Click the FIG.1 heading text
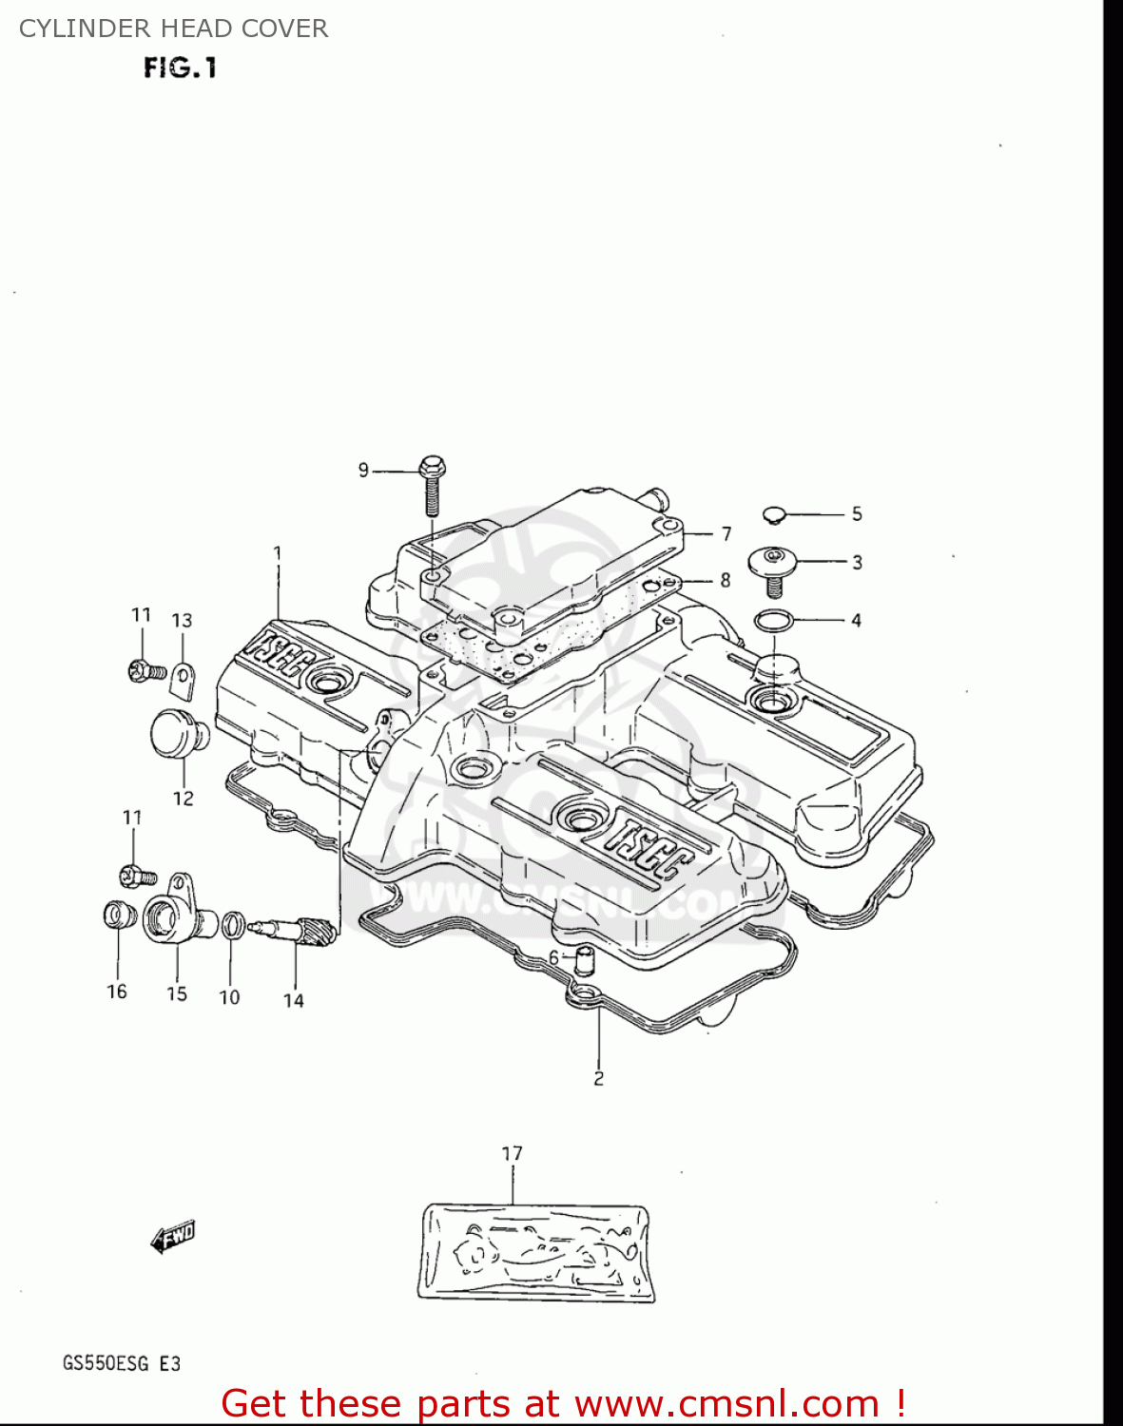[x=181, y=68]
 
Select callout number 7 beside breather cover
[x=726, y=534]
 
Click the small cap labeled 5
[x=773, y=515]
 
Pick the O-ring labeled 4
[x=772, y=621]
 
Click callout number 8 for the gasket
[x=725, y=580]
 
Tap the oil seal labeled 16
[x=116, y=915]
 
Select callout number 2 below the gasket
[x=598, y=1078]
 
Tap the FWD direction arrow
[x=172, y=1238]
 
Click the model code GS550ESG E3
[x=121, y=1363]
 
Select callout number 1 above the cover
[x=278, y=552]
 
